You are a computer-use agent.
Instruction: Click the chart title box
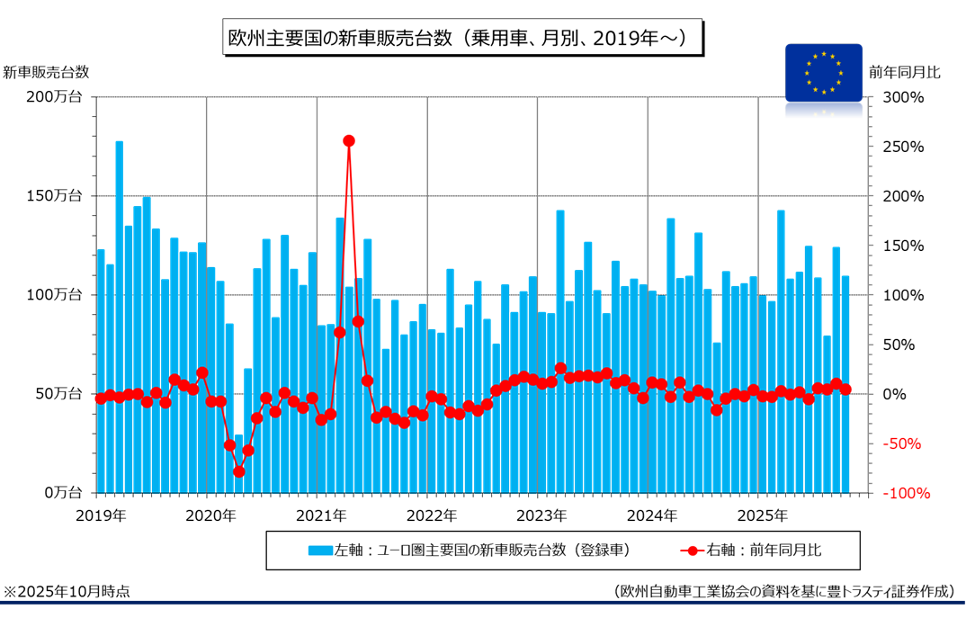pyautogui.click(x=461, y=39)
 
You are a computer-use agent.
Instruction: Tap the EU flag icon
pyautogui.click(x=823, y=72)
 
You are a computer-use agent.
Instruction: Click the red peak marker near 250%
pyautogui.click(x=349, y=140)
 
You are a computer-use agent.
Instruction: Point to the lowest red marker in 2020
pyautogui.click(x=239, y=471)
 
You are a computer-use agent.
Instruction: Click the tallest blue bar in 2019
pyautogui.click(x=119, y=315)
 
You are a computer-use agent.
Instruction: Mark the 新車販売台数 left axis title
pyautogui.click(x=46, y=72)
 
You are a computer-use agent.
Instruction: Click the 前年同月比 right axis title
pyautogui.click(x=904, y=72)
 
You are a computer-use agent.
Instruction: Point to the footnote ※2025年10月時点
pyautogui.click(x=67, y=591)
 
